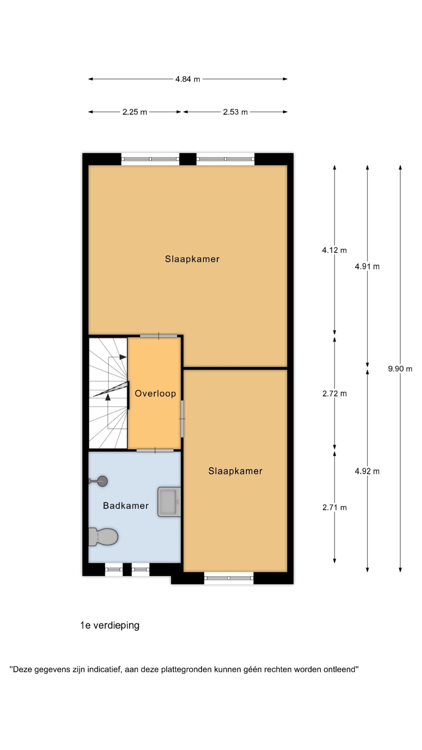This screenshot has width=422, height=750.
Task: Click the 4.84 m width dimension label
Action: [x=188, y=79]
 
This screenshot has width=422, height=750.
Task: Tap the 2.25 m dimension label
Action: [x=135, y=112]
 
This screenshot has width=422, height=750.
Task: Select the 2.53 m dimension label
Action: [x=235, y=112]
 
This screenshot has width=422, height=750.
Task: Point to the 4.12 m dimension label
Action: [x=334, y=250]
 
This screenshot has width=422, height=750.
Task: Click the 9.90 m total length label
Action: [x=400, y=369]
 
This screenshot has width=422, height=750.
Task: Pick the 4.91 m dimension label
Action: [x=367, y=267]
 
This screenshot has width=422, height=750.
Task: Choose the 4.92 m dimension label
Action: [x=367, y=471]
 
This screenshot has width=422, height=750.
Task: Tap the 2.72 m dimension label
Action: [x=334, y=394]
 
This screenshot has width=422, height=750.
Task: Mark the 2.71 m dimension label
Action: [x=334, y=507]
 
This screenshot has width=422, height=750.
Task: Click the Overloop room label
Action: [x=155, y=393]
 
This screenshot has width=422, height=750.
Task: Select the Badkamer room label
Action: [x=126, y=506]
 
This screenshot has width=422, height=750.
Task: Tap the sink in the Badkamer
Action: [x=169, y=502]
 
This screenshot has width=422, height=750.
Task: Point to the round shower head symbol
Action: [x=102, y=481]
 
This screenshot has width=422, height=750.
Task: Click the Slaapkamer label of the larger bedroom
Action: [x=192, y=259]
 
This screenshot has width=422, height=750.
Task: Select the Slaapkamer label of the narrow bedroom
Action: [x=235, y=471]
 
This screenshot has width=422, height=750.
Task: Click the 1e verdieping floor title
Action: [x=110, y=625]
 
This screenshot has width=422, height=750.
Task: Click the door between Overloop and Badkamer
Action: [x=155, y=451]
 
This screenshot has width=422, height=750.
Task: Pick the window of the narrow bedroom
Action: [x=229, y=578]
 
